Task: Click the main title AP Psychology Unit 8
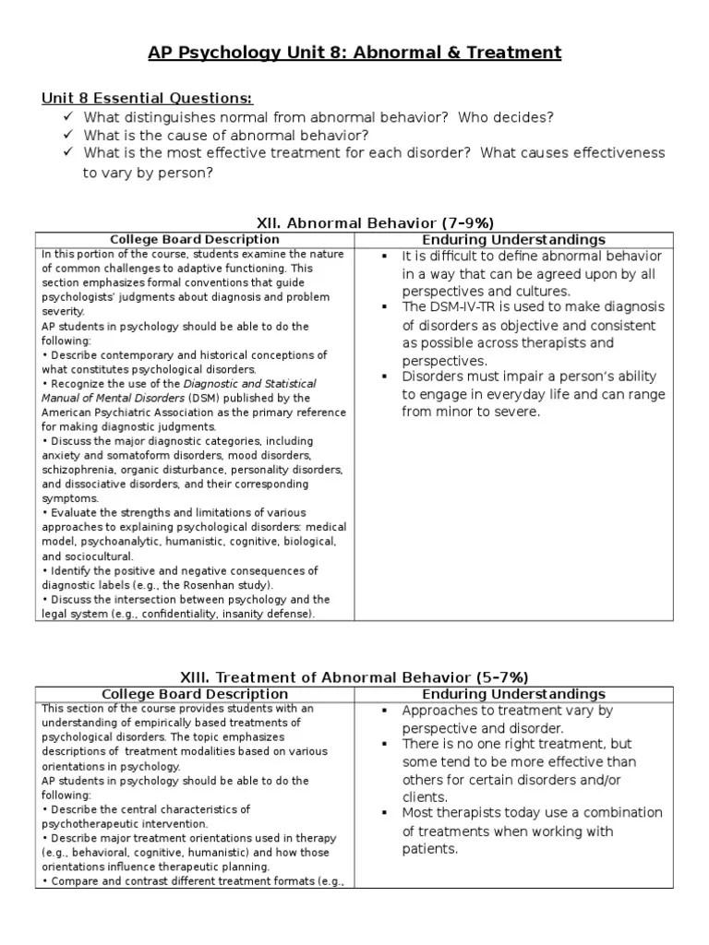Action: pos(354,53)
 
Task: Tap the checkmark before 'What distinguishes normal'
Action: pos(68,117)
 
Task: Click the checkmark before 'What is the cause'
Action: pos(68,135)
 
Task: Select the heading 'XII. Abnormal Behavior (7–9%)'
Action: pos(374,222)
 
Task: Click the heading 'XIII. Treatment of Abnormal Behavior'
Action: pos(374,676)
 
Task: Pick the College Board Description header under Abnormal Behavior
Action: pos(194,240)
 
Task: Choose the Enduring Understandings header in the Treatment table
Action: pos(513,694)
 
